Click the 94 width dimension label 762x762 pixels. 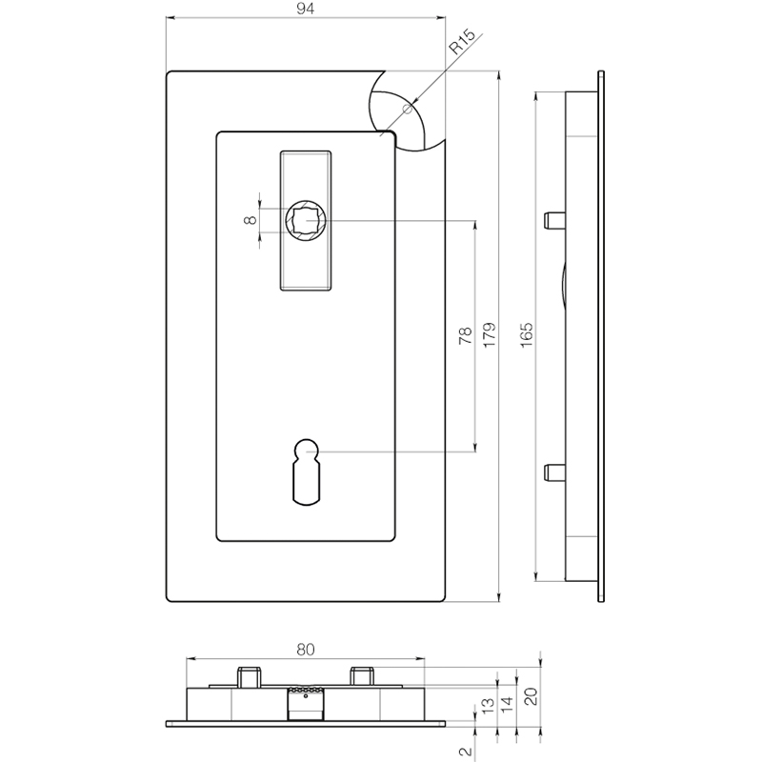pos(305,9)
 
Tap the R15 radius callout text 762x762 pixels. pos(461,41)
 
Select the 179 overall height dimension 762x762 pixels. pos(490,334)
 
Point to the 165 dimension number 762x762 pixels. pos(527,334)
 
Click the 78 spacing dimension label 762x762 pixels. pos(466,336)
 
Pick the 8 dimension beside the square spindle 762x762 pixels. pos(251,220)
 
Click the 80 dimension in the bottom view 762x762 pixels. pos(305,650)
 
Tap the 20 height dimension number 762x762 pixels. pos(531,697)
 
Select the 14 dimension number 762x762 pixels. pos(507,704)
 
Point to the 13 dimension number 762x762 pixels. pos(488,705)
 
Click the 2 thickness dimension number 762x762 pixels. pos(466,752)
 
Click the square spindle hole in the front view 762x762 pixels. pos(306,220)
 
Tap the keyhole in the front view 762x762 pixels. pos(306,471)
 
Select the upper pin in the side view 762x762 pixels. pos(554,220)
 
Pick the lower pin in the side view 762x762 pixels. pos(554,472)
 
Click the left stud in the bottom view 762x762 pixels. pos(249,677)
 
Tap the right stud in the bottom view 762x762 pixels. pos(362,676)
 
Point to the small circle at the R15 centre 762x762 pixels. pos(408,109)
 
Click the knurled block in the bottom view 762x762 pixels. pos(306,703)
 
